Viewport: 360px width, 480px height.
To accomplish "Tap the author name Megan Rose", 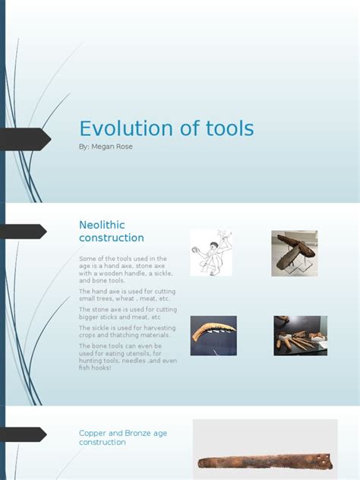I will [113, 147].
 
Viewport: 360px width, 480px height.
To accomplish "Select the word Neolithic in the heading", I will [102, 225].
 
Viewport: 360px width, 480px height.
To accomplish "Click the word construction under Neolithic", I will [111, 238].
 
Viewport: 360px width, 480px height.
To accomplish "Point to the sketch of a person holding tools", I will [211, 251].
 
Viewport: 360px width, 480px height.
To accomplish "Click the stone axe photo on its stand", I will [294, 253].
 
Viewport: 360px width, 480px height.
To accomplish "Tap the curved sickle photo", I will [213, 335].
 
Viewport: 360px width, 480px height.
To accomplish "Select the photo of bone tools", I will [300, 335].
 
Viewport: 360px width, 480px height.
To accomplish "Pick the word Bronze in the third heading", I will [139, 433].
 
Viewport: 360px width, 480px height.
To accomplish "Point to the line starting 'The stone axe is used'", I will [128, 310].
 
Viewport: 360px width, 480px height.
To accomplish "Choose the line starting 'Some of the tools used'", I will [122, 259].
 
